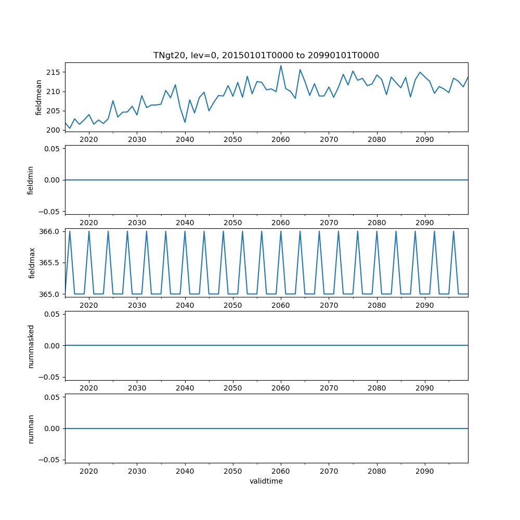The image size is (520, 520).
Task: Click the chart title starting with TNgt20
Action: tap(266, 55)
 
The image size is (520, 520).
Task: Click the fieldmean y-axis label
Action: tap(38, 97)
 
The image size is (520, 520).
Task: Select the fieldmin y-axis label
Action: tap(31, 180)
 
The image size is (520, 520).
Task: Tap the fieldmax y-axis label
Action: tap(32, 263)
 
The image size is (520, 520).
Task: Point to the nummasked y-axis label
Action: tap(31, 345)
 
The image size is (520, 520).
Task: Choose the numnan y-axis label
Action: tap(31, 428)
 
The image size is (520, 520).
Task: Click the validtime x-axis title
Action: tap(266, 482)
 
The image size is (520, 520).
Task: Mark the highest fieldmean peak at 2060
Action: tap(281, 66)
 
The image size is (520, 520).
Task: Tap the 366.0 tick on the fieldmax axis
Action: tap(50, 231)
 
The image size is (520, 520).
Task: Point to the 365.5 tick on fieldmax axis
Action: tap(50, 263)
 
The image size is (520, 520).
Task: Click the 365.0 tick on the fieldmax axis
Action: tap(50, 294)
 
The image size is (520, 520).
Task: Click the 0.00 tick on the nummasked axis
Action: tap(51, 345)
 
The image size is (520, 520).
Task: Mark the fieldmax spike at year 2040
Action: tap(185, 231)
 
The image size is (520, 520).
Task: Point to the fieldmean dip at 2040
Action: tap(185, 122)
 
